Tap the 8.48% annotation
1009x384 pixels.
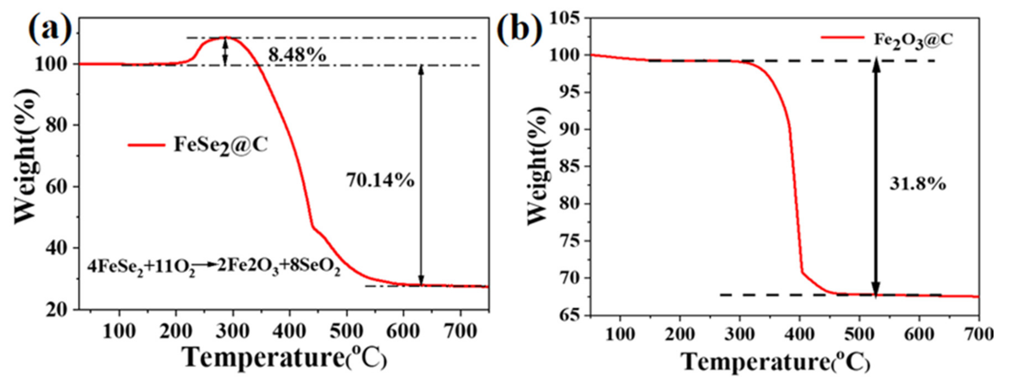pos(297,55)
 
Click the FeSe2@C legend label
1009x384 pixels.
pos(221,146)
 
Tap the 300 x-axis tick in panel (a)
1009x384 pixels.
pos(232,332)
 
